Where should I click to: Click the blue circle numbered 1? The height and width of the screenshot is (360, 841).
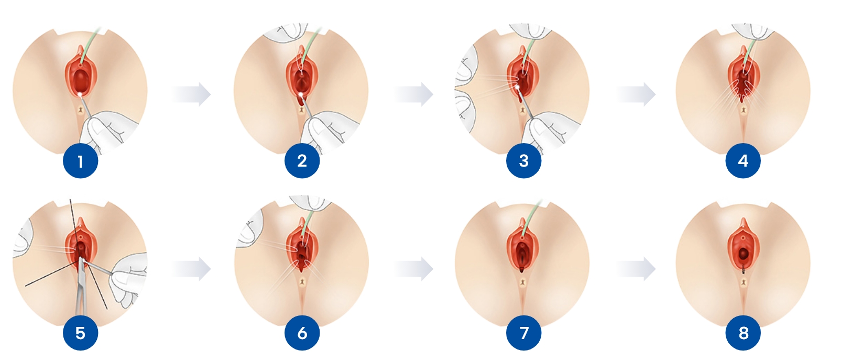(80, 161)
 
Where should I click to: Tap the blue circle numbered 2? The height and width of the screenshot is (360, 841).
(302, 161)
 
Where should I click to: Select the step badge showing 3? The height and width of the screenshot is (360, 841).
(524, 161)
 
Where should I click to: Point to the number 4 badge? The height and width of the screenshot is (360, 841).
(744, 161)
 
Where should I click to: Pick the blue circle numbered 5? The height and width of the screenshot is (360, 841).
(80, 333)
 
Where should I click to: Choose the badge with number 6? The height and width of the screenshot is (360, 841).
(302, 333)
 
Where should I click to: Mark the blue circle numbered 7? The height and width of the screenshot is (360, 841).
(524, 333)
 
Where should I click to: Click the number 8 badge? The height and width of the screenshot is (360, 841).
(744, 333)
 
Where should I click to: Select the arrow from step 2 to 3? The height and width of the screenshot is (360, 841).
(414, 94)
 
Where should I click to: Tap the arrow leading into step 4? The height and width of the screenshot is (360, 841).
(636, 94)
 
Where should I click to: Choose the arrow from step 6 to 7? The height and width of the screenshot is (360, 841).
(414, 269)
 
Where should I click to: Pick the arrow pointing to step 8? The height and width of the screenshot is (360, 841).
(636, 269)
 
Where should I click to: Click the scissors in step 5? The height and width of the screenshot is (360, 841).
(81, 289)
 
